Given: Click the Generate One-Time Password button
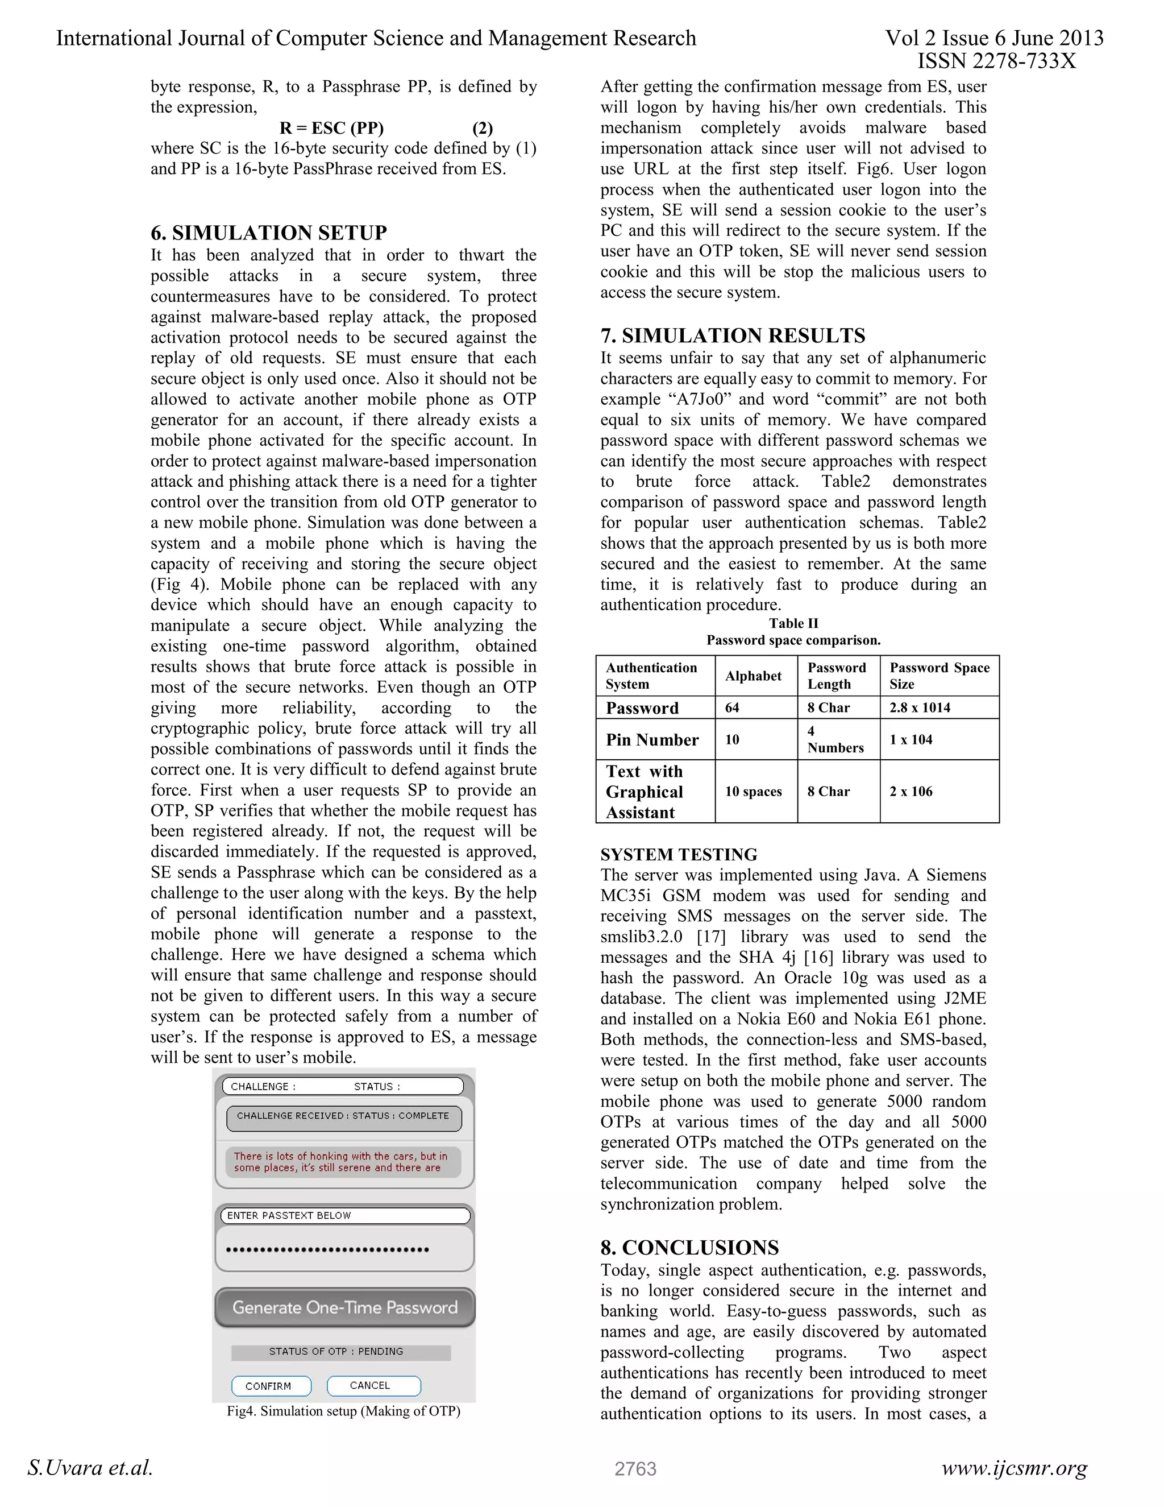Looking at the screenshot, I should click(345, 1307).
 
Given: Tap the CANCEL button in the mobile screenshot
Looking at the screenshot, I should click(373, 1385).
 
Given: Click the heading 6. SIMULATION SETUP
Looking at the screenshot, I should click(268, 233).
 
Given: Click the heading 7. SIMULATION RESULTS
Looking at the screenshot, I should click(732, 336).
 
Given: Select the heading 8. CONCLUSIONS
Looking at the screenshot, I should click(689, 1247).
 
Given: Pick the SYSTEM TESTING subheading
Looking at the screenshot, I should click(679, 854).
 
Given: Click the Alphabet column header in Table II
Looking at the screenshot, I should click(753, 676).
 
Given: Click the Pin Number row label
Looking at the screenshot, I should click(652, 740).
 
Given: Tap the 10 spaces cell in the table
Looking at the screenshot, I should click(753, 792).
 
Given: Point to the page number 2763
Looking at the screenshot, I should click(635, 1468).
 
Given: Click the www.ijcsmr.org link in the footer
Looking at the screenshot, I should click(1014, 1468).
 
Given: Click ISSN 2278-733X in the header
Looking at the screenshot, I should click(996, 61).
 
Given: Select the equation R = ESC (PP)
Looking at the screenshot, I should click(332, 129).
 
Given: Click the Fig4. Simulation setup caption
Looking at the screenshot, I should click(343, 1411).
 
